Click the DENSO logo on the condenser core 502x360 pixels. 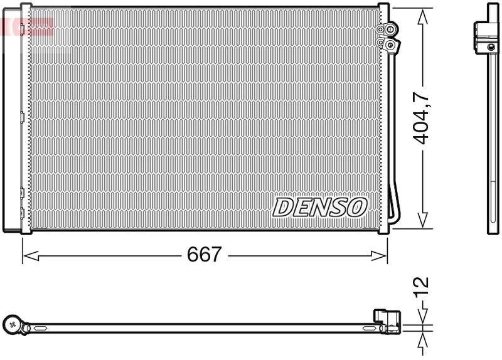(319, 206)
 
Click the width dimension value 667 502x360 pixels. (205, 255)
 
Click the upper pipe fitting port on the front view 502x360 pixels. (390, 29)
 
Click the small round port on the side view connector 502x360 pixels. (491, 46)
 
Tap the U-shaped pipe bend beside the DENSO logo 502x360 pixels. (393, 207)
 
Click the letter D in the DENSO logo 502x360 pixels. (282, 207)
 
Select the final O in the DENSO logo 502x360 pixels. (356, 206)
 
